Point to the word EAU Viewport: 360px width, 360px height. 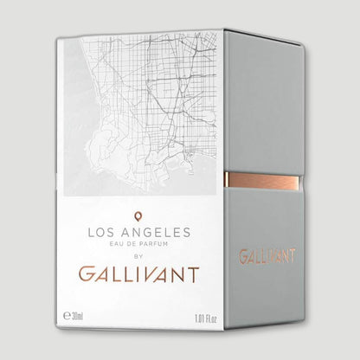point(112,245)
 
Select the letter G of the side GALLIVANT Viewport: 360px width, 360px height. point(244,256)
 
